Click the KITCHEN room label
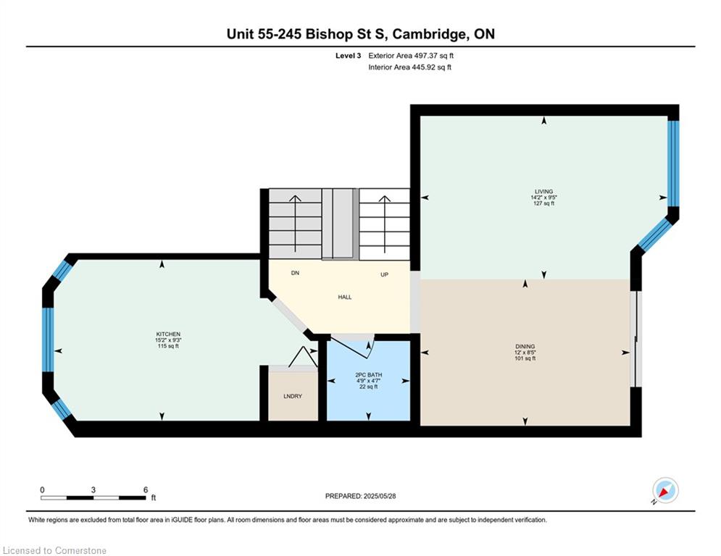tap(168, 334)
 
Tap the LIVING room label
tap(543, 192)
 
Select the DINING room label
tap(525, 347)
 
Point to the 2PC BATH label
tap(369, 375)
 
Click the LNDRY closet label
tap(293, 396)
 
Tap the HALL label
tap(345, 298)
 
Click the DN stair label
tap(295, 273)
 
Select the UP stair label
tap(384, 274)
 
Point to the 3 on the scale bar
tap(93, 490)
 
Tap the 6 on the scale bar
tap(146, 490)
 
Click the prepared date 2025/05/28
tap(380, 496)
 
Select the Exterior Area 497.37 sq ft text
tap(411, 56)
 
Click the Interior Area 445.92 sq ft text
tap(409, 67)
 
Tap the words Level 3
tap(348, 56)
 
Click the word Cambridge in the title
tap(428, 34)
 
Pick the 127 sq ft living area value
tap(543, 203)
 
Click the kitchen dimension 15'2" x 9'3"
tap(168, 340)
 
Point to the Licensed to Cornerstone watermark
tap(54, 550)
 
